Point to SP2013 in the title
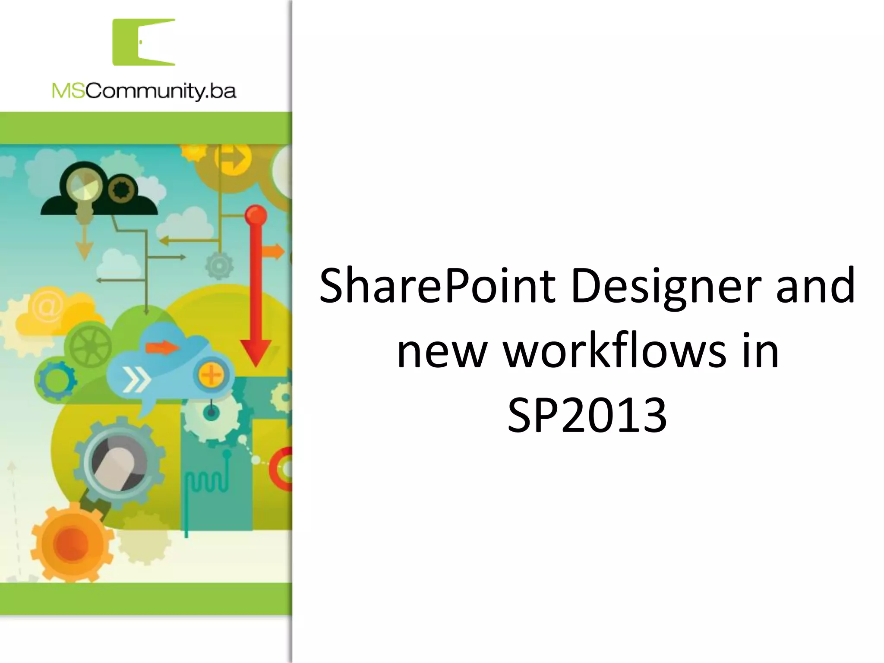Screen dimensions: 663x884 click(x=587, y=416)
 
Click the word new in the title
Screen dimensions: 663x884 click(x=440, y=353)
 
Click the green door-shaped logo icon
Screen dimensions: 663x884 click(x=144, y=42)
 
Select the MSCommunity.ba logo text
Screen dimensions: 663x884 click(x=144, y=91)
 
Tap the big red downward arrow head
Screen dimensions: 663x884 click(x=256, y=352)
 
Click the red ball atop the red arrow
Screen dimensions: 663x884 click(x=256, y=215)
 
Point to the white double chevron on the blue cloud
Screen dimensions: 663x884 click(x=136, y=379)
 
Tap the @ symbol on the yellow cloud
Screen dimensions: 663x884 click(x=47, y=306)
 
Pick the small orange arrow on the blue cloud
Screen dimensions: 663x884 click(x=162, y=347)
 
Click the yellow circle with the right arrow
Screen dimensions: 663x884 click(x=234, y=158)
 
